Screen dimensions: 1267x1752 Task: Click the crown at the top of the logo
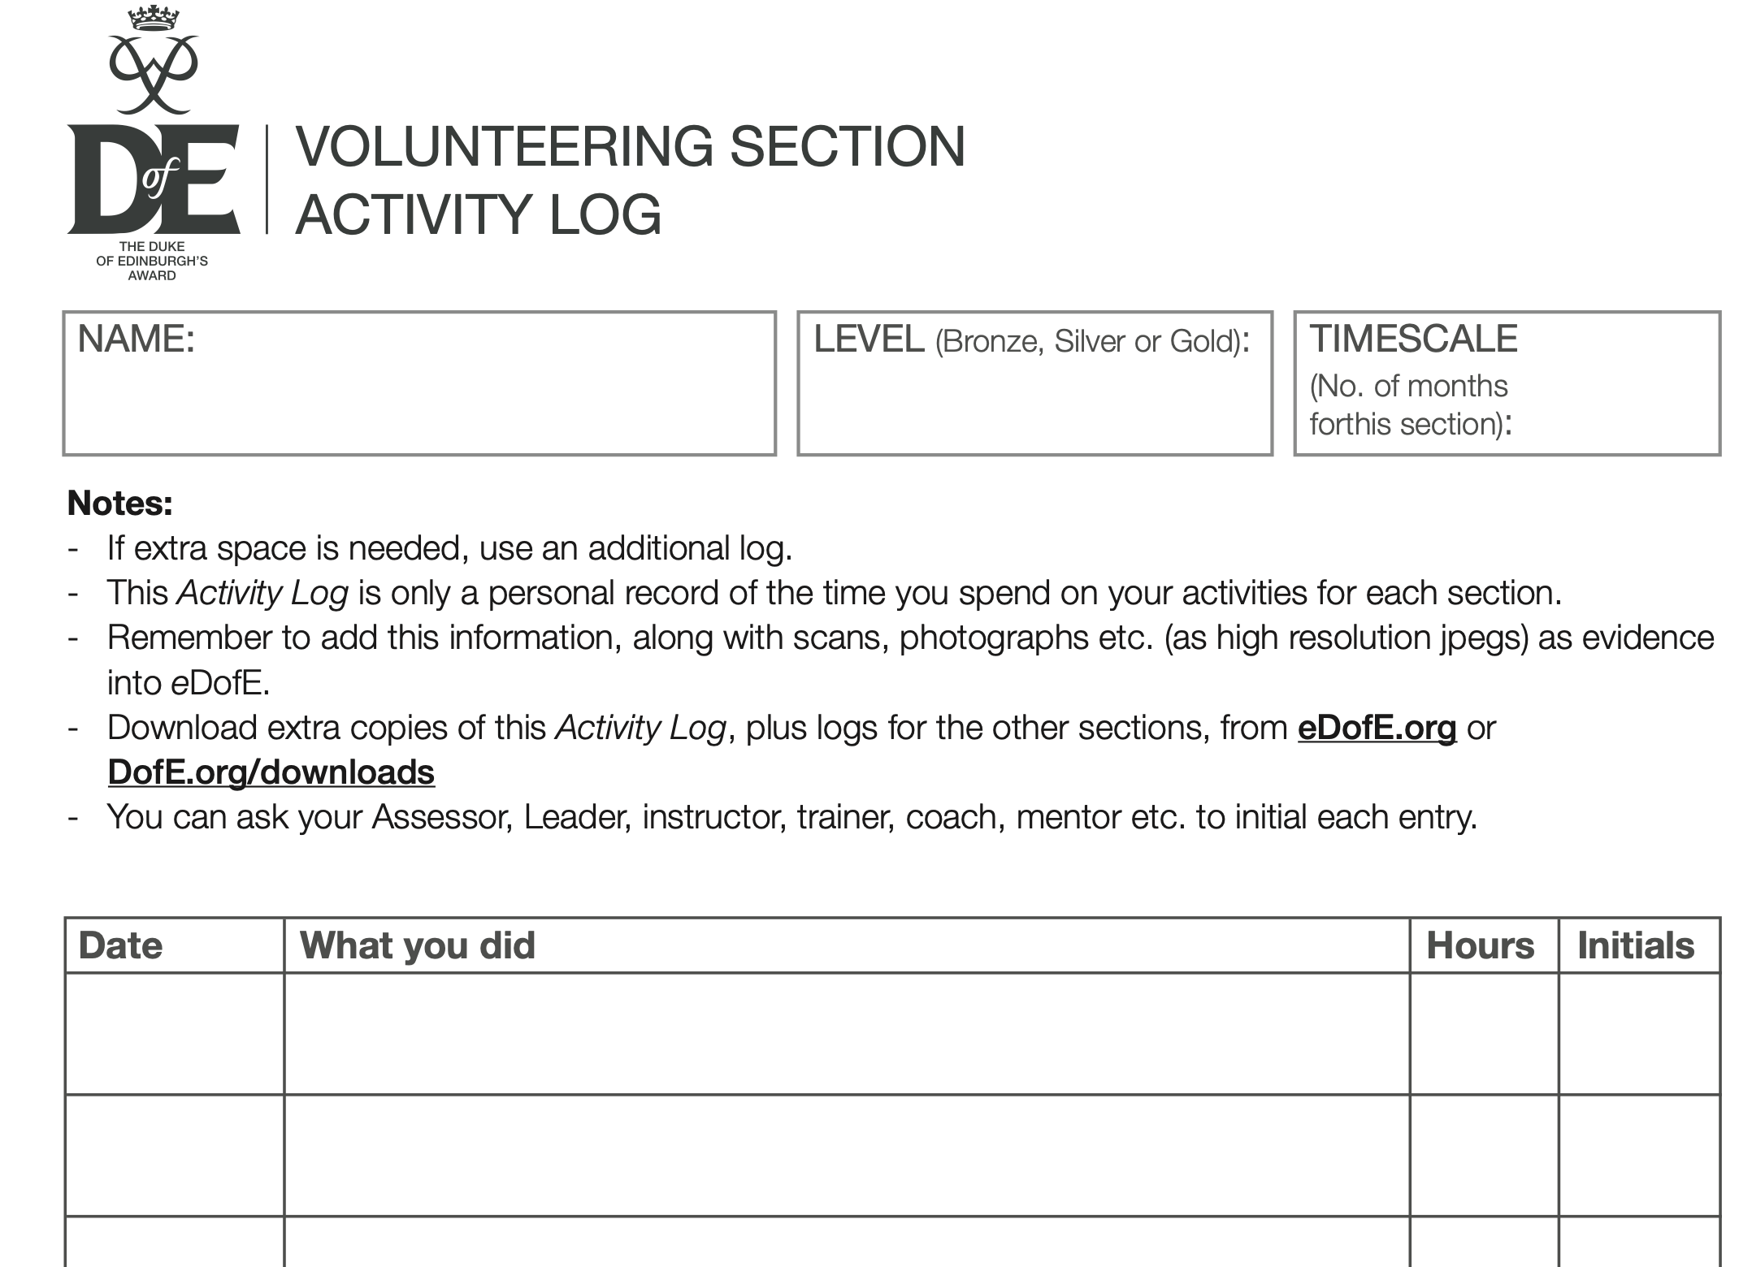point(154,18)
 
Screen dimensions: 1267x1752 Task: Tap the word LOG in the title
point(605,215)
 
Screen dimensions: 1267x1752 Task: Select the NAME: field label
point(136,339)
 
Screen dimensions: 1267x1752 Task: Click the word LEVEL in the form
point(869,339)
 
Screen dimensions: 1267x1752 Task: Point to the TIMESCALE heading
point(1413,339)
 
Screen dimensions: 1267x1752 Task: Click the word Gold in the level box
point(1203,342)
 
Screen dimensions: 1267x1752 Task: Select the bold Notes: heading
point(120,504)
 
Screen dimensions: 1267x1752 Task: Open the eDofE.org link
point(1377,728)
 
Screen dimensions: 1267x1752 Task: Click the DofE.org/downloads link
point(271,772)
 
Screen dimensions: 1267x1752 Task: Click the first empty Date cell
point(175,1034)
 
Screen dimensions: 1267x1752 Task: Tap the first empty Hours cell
point(1484,1034)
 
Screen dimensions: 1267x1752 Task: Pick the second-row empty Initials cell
point(1639,1155)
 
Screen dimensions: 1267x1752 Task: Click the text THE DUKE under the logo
point(152,246)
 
